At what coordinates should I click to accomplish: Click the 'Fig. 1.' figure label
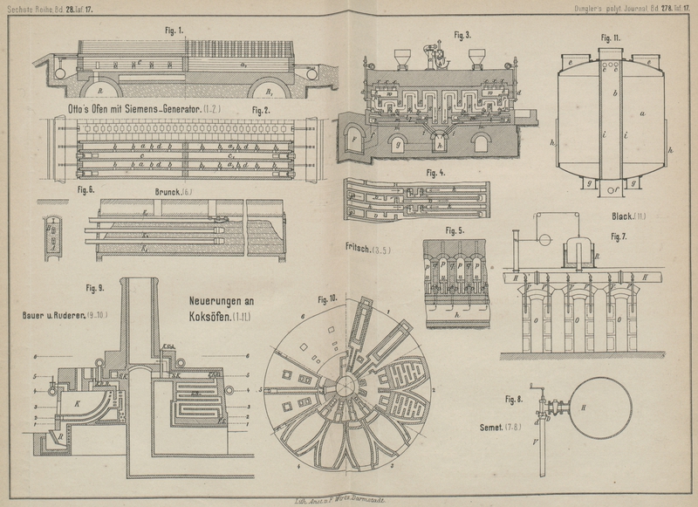[x=174, y=29]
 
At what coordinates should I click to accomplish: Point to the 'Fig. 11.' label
[x=610, y=38]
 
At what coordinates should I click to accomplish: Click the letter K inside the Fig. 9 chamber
[x=79, y=404]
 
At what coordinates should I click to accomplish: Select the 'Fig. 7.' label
[x=619, y=236]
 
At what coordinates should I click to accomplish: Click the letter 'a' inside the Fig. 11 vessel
[x=642, y=113]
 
